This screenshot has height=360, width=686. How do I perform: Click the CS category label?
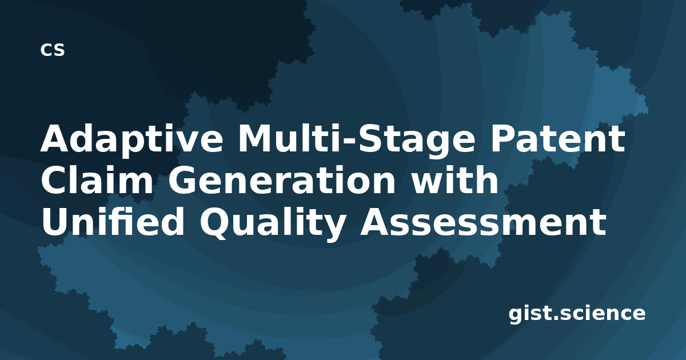53,50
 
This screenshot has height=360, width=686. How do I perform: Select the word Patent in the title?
558,139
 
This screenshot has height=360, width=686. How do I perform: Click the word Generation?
282,180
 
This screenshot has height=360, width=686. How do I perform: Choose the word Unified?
113,221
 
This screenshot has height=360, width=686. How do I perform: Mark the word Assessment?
483,221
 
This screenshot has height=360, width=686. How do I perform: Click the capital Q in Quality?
216,223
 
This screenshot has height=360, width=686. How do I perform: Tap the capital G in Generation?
182,180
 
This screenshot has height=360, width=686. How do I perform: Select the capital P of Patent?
504,139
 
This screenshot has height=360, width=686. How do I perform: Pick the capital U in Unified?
55,221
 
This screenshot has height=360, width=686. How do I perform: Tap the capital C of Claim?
54,180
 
